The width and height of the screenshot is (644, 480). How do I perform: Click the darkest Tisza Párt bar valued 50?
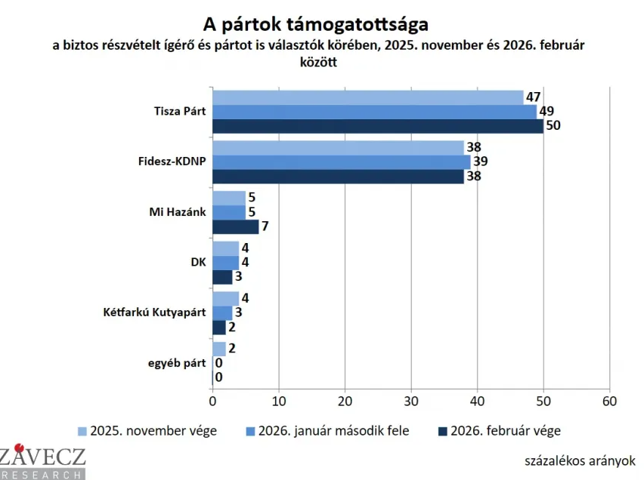[378, 126]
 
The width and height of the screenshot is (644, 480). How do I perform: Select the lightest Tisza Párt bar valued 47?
[368, 97]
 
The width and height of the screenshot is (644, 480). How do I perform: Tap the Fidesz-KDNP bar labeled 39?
[342, 162]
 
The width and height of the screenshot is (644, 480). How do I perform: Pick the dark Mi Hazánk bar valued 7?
[236, 226]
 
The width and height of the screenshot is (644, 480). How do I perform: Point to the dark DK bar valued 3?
[222, 277]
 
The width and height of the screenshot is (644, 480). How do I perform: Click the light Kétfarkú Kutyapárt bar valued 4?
[225, 298]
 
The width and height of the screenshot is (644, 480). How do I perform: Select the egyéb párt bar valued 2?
[219, 349]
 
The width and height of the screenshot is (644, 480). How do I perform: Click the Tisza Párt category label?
[179, 112]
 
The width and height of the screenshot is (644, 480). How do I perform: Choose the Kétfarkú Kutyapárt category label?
[154, 312]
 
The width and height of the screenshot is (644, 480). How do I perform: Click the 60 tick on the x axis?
[609, 400]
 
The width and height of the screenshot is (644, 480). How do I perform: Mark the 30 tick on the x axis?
[411, 400]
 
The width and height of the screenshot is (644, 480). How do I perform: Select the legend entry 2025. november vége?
[147, 431]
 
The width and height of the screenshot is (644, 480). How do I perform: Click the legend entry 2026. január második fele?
[327, 431]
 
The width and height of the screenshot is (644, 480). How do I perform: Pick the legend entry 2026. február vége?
[499, 431]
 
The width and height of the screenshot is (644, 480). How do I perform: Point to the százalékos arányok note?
[579, 460]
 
